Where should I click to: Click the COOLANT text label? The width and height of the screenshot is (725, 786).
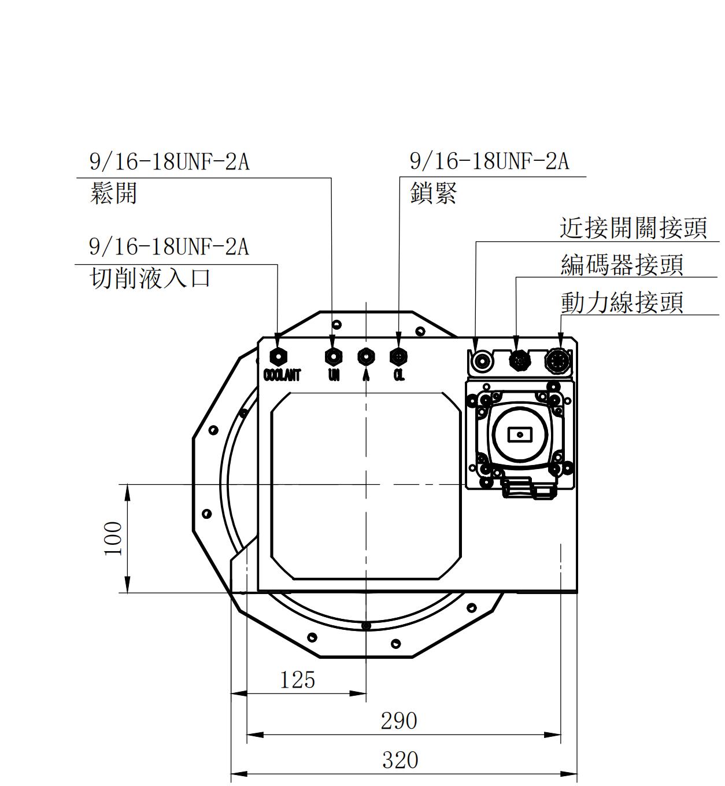(282, 375)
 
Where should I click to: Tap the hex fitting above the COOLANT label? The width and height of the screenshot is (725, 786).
(279, 356)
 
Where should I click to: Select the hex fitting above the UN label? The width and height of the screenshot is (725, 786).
(333, 356)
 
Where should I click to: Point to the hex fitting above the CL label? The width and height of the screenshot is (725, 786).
(398, 356)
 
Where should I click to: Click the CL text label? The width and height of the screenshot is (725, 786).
(399, 375)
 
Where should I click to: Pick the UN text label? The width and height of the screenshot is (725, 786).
(334, 375)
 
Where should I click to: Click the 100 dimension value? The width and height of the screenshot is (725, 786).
(113, 538)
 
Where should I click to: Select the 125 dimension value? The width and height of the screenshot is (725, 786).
(298, 680)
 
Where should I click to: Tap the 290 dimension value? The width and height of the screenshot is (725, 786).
(399, 721)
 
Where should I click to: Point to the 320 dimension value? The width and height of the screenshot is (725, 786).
(400, 760)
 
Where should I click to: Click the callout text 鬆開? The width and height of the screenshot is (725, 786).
(114, 193)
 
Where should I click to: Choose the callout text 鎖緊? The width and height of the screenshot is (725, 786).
(434, 193)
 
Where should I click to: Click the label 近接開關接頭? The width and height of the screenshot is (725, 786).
(633, 228)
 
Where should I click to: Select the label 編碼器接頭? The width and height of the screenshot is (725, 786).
(622, 265)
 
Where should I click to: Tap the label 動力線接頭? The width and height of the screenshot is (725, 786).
(622, 302)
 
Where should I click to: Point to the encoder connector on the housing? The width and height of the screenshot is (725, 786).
(519, 360)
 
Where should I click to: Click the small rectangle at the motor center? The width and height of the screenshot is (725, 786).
(519, 434)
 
